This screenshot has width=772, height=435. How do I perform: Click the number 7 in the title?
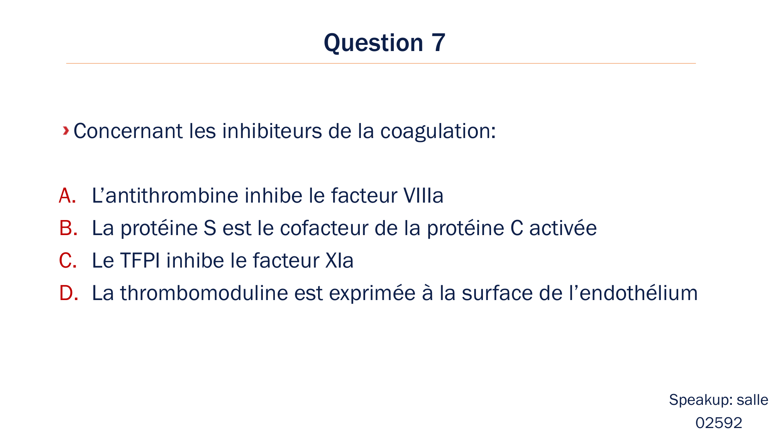tap(438, 43)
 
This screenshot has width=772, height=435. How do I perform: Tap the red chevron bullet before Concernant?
tap(66, 131)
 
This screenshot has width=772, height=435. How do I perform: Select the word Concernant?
tap(128, 131)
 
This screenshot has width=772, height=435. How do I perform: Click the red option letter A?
tap(67, 195)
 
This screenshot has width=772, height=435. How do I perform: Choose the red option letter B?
tap(68, 228)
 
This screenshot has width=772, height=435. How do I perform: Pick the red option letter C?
tap(68, 260)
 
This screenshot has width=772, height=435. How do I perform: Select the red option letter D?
tap(68, 293)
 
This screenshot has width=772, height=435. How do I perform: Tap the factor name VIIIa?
tap(423, 195)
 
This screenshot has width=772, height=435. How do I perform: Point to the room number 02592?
tap(718, 423)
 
